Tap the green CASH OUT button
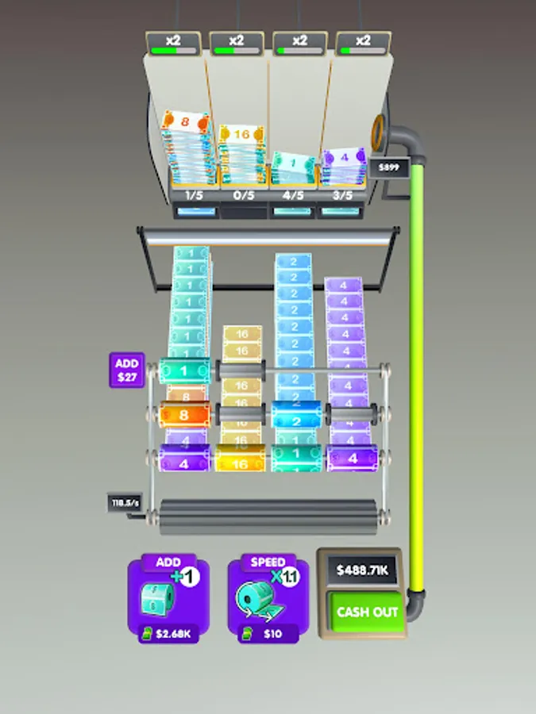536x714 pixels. (x=367, y=612)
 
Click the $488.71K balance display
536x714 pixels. (x=361, y=570)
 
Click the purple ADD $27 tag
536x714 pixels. (x=126, y=370)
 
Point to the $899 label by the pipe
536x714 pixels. (x=389, y=167)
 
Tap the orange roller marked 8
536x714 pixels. (x=184, y=413)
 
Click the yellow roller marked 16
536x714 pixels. (x=241, y=459)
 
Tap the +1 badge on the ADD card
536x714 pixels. (x=189, y=577)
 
